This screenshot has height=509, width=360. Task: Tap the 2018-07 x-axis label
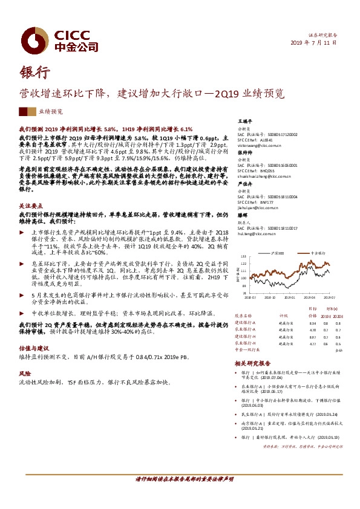pos(251,297)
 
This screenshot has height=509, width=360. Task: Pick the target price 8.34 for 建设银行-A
pos(313,323)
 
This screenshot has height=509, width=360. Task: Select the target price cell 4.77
pos(313,343)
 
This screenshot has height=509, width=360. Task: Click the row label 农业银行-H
pos(245,343)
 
